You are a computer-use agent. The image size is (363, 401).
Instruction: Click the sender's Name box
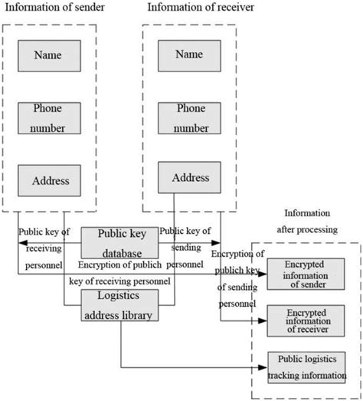coord(51,55)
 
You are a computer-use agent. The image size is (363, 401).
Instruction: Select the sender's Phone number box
coord(51,118)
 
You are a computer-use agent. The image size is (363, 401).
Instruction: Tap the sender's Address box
coord(51,181)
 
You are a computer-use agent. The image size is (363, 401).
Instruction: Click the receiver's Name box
coord(189,55)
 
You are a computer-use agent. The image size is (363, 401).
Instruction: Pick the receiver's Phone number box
coord(189,118)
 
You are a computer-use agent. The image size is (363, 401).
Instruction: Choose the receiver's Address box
coord(189,177)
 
